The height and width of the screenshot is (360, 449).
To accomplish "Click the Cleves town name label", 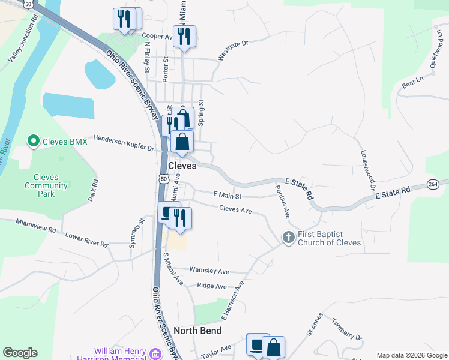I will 182,166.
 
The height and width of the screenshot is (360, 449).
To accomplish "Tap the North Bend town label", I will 197,331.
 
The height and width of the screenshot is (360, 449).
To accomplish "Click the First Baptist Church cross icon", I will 288,238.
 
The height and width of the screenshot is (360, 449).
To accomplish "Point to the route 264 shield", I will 433,184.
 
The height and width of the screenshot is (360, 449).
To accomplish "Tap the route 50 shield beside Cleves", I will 163,178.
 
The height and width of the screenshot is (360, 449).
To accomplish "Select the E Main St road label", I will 227,195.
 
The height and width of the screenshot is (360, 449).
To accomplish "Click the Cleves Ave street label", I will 235,209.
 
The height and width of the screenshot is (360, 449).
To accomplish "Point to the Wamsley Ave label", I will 209,271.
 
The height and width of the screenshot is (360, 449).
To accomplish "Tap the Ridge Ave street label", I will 212,286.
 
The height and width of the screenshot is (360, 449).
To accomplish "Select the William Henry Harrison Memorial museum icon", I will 155,353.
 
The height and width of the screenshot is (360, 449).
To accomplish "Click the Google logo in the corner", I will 20,353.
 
